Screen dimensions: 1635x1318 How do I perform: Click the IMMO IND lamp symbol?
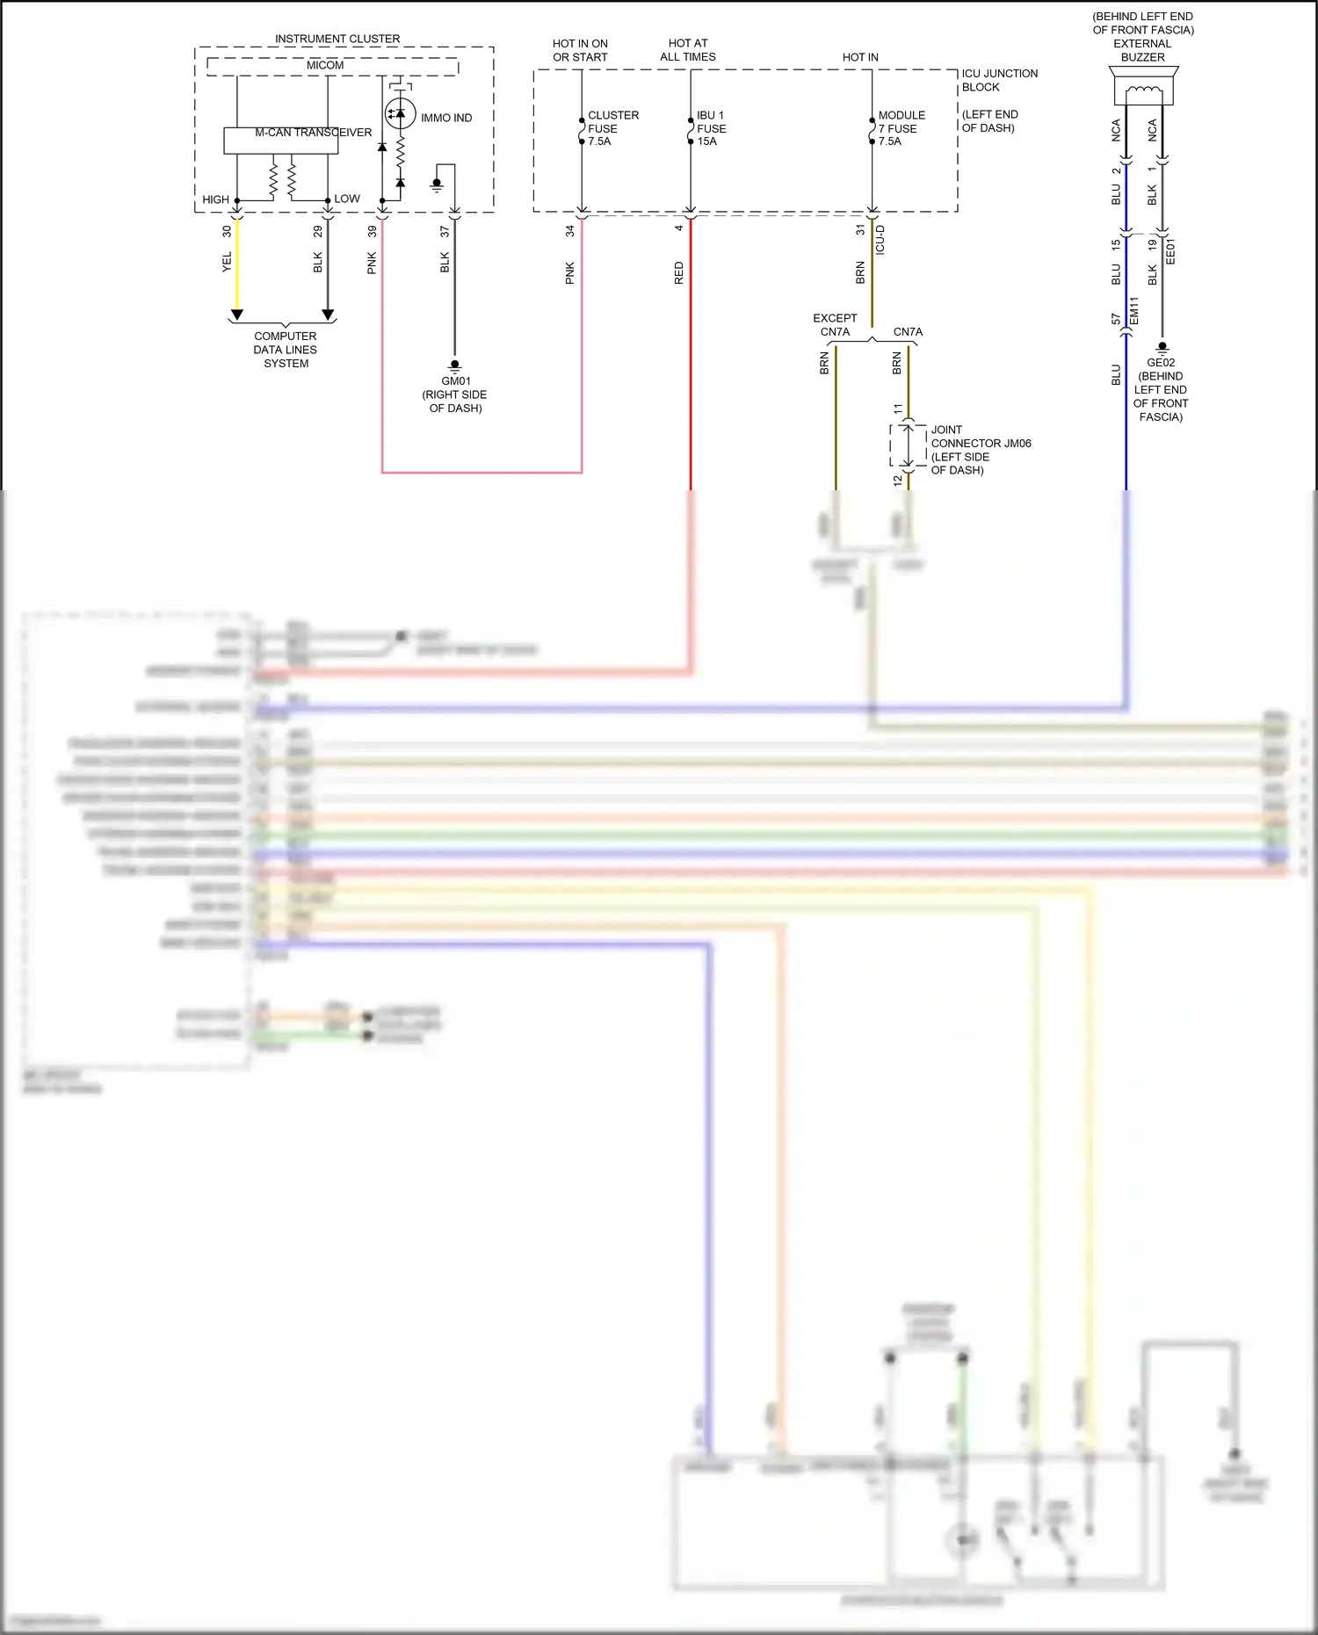(x=400, y=114)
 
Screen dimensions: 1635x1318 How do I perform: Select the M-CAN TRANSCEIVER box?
(x=280, y=141)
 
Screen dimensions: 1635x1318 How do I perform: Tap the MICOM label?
(x=325, y=66)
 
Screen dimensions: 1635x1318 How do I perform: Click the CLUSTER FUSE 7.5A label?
(x=612, y=128)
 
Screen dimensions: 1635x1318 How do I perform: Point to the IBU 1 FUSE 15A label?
(x=711, y=128)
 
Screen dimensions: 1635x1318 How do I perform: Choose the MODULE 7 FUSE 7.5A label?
(x=901, y=128)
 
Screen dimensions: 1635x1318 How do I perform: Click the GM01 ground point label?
(x=455, y=381)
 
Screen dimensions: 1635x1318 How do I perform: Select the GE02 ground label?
(x=1160, y=363)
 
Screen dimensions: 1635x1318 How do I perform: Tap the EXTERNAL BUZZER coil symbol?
(x=1142, y=90)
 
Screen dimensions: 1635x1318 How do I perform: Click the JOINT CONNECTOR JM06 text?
(x=980, y=444)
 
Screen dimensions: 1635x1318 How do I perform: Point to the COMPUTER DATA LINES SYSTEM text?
(x=285, y=350)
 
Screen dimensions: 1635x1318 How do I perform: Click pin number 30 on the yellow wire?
(x=227, y=232)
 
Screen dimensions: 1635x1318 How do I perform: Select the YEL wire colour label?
(x=227, y=262)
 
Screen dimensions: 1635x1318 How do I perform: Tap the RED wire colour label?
(x=678, y=272)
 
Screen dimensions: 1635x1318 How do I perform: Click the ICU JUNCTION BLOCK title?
(x=999, y=80)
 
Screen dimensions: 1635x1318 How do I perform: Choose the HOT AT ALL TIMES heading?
(x=687, y=50)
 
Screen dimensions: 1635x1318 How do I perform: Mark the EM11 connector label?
(x=1133, y=310)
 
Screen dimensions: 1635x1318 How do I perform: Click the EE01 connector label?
(x=1170, y=251)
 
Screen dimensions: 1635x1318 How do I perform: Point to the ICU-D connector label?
(x=880, y=240)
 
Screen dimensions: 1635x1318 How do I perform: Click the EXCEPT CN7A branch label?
(x=835, y=325)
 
